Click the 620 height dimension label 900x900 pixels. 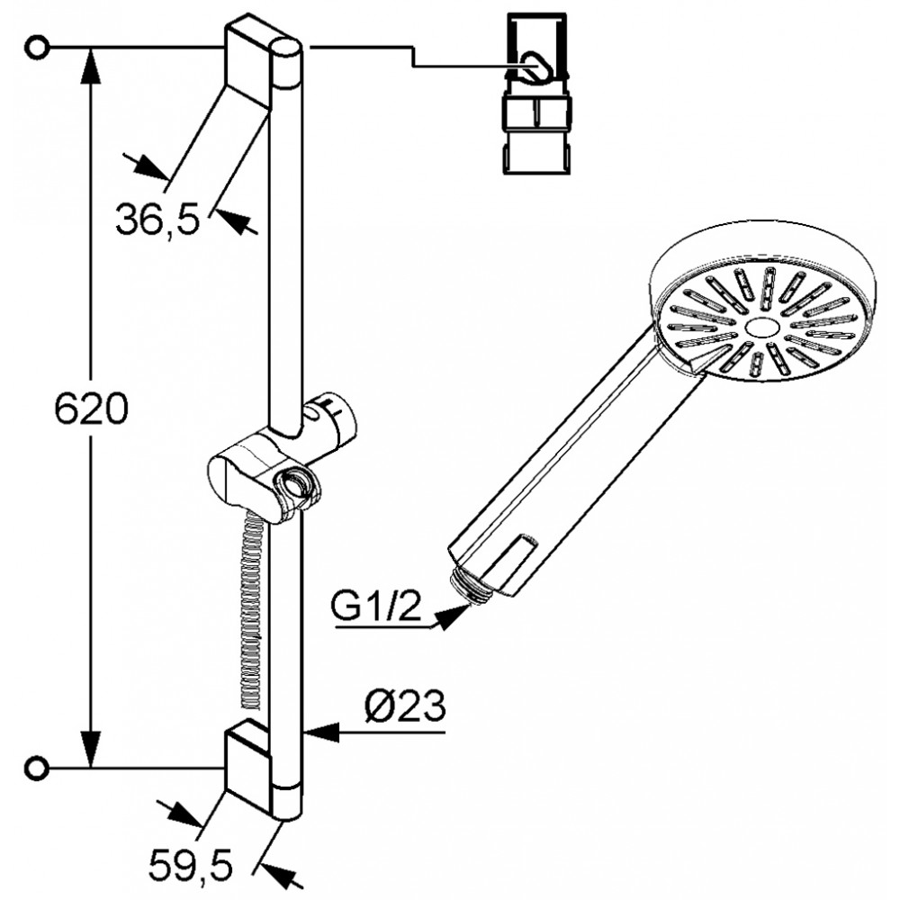pos(91,409)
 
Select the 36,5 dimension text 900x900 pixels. pos(157,220)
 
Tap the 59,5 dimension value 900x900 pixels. pos(191,866)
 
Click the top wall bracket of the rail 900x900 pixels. pos(247,64)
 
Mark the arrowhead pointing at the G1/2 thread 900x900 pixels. pos(454,616)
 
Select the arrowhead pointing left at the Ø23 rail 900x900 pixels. pos(319,732)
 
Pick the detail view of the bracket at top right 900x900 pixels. pos(537,94)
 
